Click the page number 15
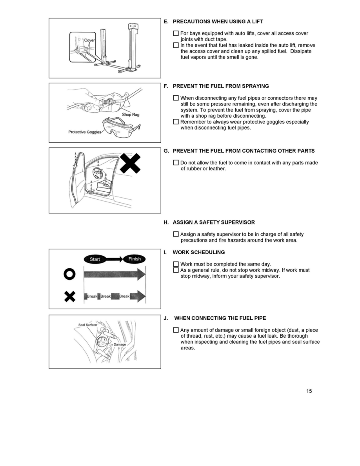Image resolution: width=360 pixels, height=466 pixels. click(309, 391)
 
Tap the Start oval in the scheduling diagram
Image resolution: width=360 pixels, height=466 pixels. click(95, 259)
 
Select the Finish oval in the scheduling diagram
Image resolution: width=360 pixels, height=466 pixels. click(135, 259)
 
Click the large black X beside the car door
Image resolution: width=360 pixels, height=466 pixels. click(130, 163)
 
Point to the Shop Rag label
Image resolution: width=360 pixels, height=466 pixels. click(131, 115)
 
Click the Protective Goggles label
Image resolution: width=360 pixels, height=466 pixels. click(85, 132)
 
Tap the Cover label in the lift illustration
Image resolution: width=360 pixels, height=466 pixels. click(90, 40)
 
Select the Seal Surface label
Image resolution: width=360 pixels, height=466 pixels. click(88, 325)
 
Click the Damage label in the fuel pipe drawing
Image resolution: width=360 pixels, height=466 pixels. click(120, 344)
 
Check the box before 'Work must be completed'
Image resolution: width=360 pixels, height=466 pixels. click(176, 264)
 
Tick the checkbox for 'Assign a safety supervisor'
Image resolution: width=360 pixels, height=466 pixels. click(176, 234)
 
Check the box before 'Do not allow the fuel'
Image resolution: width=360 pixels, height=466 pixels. click(176, 163)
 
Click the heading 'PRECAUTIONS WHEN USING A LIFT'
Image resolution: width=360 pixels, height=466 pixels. click(218, 21)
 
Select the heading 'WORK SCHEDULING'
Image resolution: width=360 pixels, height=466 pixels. click(198, 252)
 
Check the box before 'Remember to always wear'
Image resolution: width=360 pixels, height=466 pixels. click(176, 122)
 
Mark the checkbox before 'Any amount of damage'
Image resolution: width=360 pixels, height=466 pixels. click(176, 330)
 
